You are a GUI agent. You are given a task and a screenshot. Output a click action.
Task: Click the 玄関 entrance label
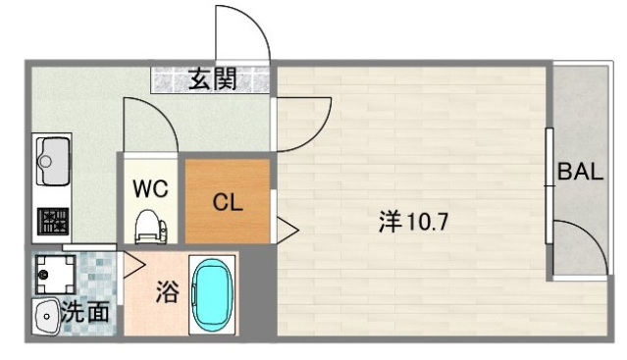pos(212,79)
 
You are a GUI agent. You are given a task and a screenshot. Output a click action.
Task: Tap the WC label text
pos(151,186)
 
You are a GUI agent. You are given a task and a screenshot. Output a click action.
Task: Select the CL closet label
pos(227,204)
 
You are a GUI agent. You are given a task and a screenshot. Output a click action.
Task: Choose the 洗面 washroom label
pos(86,314)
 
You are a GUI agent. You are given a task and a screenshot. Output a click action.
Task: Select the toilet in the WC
pos(150,227)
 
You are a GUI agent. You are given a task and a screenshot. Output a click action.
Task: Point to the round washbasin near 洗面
pos(46,316)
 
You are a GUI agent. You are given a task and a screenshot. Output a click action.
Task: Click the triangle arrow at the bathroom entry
pos(133,264)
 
